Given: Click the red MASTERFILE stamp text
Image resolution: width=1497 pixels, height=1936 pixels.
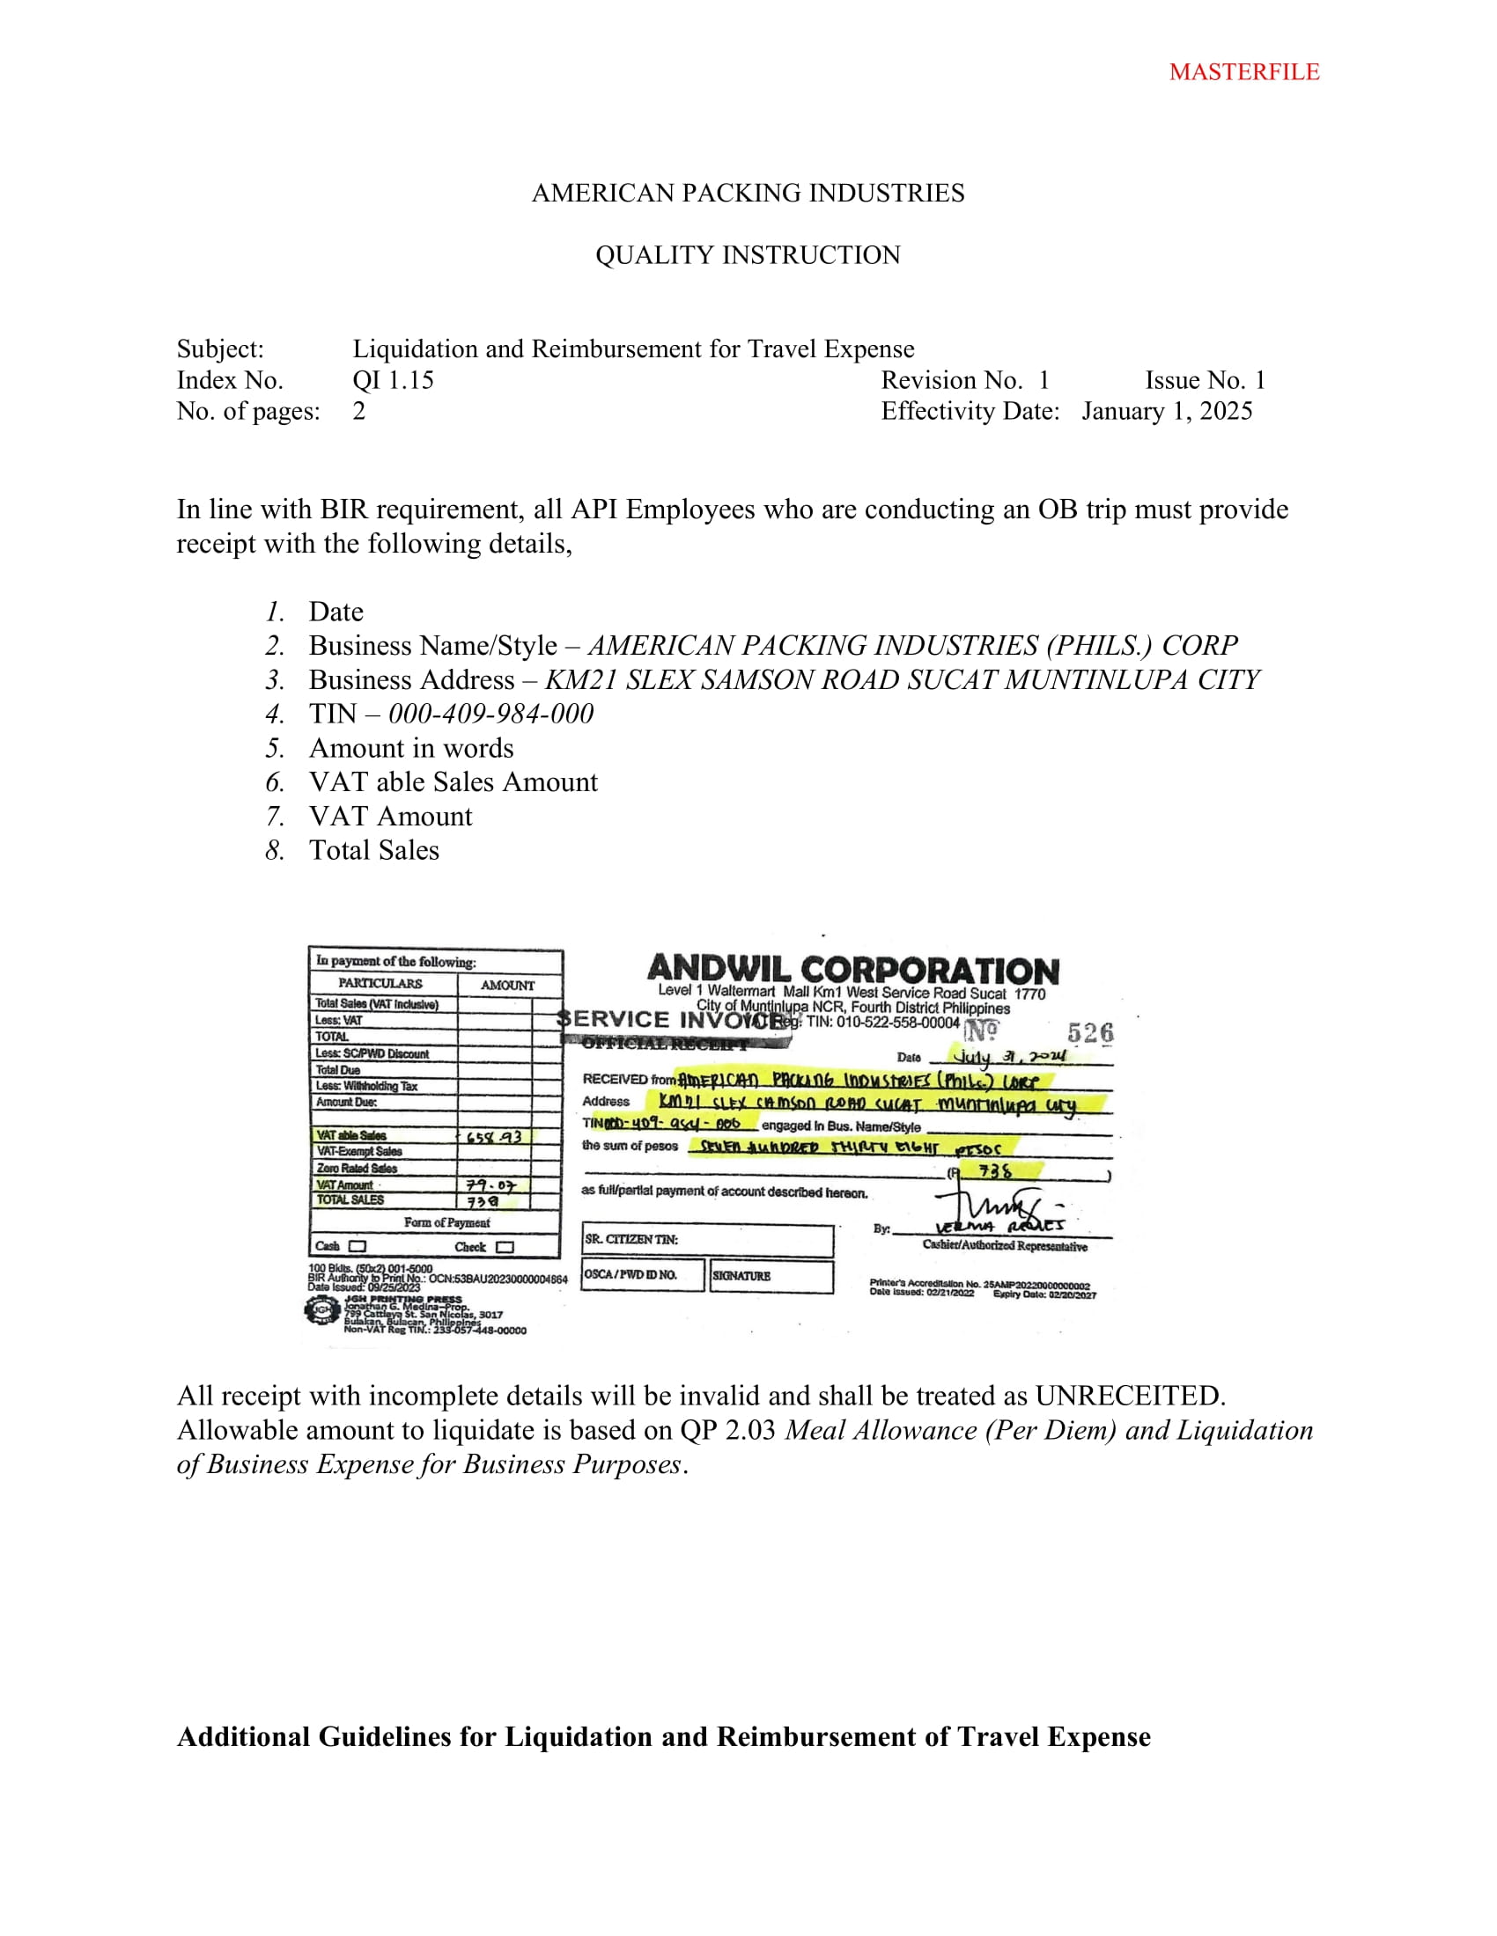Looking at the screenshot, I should [x=1243, y=72].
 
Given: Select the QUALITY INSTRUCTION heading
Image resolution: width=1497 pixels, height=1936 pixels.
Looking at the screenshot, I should [x=748, y=255].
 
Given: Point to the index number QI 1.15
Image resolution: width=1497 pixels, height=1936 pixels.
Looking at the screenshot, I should [x=393, y=380].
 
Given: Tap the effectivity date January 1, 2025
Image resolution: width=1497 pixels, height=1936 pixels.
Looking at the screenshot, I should [x=1166, y=411].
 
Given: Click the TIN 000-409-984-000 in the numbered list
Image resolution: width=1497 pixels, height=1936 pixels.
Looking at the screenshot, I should [x=490, y=714].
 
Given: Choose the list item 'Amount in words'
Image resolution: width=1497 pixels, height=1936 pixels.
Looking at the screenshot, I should [x=410, y=748].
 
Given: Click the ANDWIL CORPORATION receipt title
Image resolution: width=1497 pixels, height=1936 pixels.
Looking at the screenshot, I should [x=852, y=971].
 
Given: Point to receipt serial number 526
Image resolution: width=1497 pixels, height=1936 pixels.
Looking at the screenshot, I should [x=1090, y=1033].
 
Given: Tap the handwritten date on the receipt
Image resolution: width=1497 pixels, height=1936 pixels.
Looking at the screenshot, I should [x=1008, y=1056].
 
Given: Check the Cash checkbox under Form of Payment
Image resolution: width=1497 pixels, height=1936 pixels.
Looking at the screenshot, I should [x=358, y=1246].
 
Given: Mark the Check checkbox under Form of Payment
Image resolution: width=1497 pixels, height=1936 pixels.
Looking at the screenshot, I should [x=505, y=1247].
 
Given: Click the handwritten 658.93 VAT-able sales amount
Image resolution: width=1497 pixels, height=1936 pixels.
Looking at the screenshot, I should [x=494, y=1136].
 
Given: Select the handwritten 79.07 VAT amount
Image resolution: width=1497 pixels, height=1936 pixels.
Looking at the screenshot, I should [x=490, y=1185].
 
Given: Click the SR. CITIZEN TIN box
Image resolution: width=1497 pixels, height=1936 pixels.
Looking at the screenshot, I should [x=707, y=1240].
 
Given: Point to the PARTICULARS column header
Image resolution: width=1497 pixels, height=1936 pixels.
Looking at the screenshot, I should [x=380, y=983].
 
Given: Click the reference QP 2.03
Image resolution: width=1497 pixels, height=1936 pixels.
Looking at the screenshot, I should [x=727, y=1430].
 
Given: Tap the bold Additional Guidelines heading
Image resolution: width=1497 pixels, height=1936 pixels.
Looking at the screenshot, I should [x=663, y=1736].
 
